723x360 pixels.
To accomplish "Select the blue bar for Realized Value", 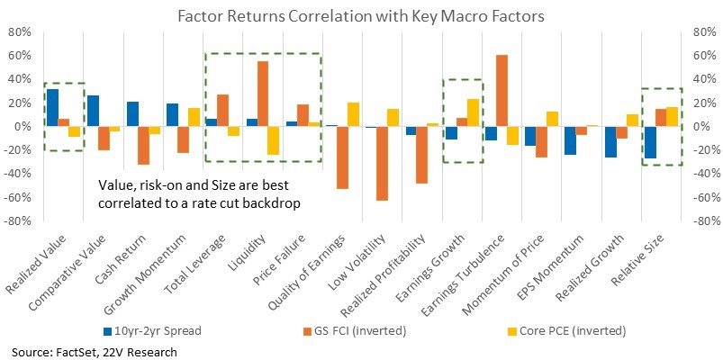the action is (53, 107).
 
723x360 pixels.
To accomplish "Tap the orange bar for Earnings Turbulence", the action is (502, 90).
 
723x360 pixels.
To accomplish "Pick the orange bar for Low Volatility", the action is (383, 163).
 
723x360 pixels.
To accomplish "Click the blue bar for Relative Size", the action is (650, 142).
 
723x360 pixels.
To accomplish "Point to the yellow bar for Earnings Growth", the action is (473, 112).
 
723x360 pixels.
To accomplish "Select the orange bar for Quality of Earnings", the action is (343, 157).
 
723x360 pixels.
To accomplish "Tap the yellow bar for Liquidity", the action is (274, 140).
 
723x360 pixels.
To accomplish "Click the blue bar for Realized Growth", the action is (610, 141).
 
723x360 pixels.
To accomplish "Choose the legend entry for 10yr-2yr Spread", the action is (151, 330).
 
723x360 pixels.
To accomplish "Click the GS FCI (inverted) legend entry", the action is (354, 330).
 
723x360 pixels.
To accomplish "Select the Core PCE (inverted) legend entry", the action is (567, 330).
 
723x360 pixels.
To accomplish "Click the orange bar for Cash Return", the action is (143, 145).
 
